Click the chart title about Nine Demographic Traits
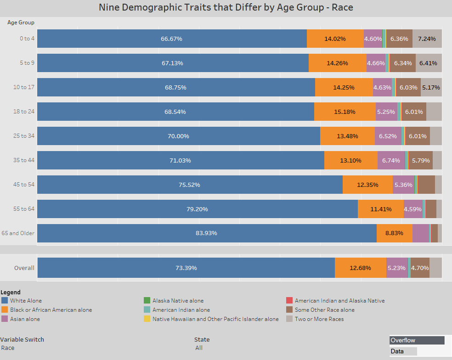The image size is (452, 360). click(226, 8)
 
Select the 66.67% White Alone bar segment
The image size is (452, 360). click(171, 39)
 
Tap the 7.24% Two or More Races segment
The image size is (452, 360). click(427, 39)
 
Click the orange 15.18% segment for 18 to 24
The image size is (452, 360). click(345, 112)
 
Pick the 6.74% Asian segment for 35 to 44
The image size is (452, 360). click(391, 160)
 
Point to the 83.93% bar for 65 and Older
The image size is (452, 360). click(206, 233)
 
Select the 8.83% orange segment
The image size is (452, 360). click(394, 233)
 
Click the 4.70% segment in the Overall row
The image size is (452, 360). click(420, 268)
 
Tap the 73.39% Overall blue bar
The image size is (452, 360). click(186, 268)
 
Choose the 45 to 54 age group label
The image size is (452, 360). click(24, 185)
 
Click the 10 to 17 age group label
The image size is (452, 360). click(24, 87)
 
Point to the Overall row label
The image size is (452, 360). click(24, 268)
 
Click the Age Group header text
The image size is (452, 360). click(21, 22)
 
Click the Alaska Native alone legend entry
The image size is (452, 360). click(178, 301)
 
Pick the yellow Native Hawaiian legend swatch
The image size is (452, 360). click(147, 319)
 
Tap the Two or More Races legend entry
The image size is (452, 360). click(319, 319)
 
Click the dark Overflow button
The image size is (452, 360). click(417, 340)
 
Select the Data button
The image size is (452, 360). click(403, 351)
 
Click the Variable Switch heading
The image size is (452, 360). click(22, 340)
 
